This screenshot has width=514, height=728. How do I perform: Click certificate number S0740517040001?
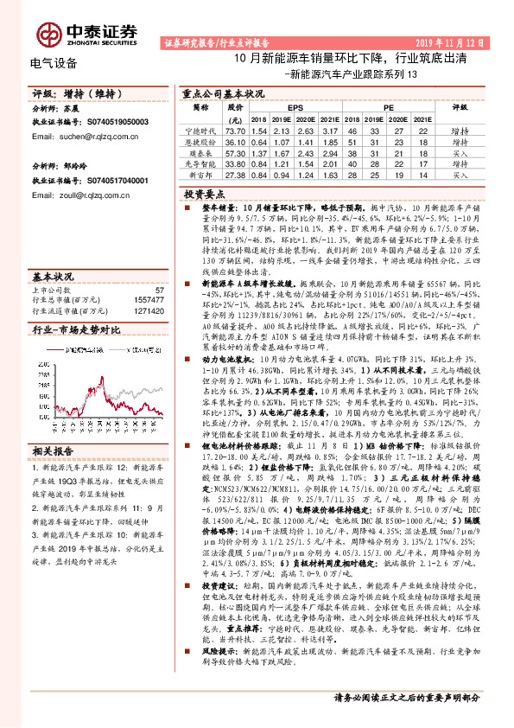point(117,180)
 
